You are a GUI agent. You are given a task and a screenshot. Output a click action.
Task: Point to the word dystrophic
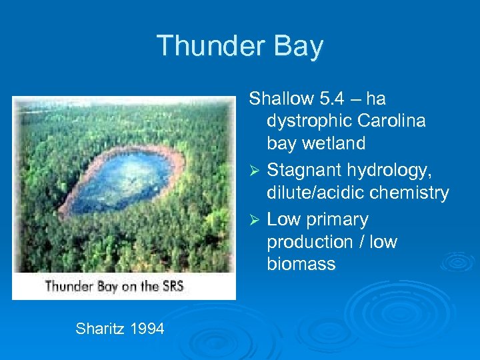point(309,121)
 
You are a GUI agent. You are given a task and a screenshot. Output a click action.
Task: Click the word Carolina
point(393,121)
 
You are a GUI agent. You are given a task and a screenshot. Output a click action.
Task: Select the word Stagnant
point(297,171)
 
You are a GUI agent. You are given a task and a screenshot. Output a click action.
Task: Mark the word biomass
point(301,264)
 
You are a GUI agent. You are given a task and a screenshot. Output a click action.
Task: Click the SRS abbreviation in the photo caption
point(170,287)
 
